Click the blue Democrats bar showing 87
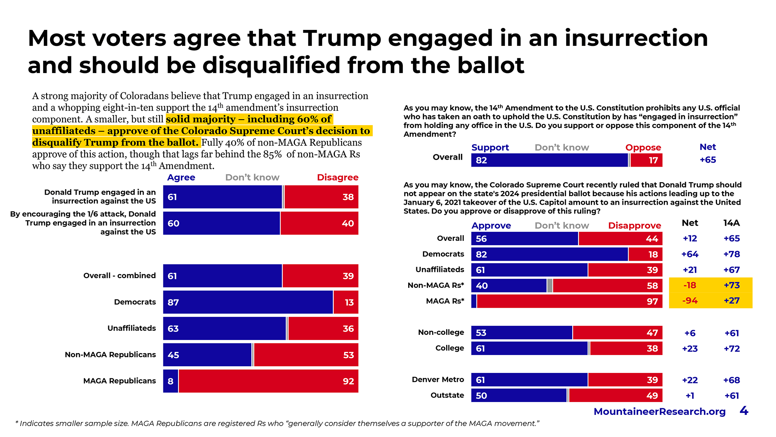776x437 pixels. click(x=248, y=302)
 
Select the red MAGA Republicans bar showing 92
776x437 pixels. click(x=268, y=381)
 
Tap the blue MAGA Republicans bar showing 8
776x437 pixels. click(x=170, y=381)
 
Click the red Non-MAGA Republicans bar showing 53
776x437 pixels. click(x=306, y=355)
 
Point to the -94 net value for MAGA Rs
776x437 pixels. click(x=690, y=301)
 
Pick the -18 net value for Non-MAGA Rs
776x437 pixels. click(x=690, y=285)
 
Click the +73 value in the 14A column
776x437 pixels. click(x=732, y=285)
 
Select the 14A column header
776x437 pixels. click(x=731, y=223)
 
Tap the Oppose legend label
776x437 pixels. click(x=643, y=148)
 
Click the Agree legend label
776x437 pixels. click(x=181, y=178)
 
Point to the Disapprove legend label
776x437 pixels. click(x=634, y=226)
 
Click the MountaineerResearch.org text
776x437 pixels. click(x=659, y=412)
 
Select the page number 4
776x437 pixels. click(x=744, y=411)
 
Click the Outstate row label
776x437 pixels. click(x=447, y=395)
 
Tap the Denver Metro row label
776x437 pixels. click(x=438, y=380)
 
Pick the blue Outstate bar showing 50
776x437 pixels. click(x=519, y=395)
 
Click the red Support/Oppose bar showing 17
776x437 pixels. click(x=646, y=160)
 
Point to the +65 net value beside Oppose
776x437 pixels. click(x=708, y=160)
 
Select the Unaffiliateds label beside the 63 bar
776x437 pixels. click(x=132, y=328)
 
